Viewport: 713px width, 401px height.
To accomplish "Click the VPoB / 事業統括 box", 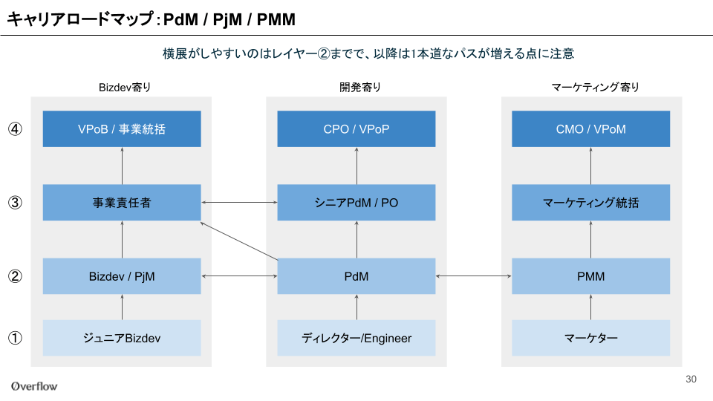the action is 122,128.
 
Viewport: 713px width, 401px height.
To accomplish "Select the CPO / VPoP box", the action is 356,128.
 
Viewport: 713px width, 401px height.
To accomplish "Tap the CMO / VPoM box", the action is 590,128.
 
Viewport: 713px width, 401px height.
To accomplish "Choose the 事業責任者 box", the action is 122,202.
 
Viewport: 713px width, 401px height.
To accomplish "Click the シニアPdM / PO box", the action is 356,202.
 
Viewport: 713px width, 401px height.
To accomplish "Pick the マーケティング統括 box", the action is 590,202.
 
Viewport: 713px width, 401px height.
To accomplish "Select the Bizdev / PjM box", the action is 122,276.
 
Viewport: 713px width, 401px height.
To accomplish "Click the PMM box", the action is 590,276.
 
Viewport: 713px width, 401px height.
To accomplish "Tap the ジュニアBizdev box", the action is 122,338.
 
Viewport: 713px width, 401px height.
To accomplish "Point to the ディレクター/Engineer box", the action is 356,338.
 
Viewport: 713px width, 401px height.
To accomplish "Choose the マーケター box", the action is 590,338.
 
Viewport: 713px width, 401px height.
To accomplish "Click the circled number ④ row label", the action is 15,129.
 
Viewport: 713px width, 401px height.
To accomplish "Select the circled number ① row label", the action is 15,338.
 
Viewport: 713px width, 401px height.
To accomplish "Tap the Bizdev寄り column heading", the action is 125,88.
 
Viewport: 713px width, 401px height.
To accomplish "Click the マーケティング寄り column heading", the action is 595,88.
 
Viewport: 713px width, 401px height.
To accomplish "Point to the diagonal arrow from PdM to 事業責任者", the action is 239,241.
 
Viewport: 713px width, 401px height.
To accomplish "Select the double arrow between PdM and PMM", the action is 473,276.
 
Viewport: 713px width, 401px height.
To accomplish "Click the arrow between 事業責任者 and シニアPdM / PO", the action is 239,202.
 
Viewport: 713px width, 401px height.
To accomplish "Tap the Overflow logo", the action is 35,386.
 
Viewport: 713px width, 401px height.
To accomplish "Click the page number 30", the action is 691,379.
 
